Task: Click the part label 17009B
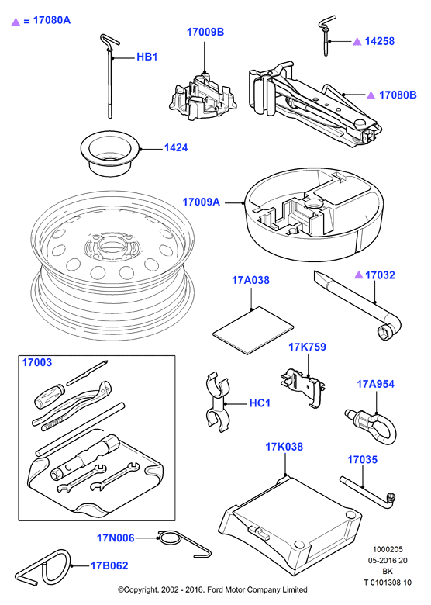tap(205, 32)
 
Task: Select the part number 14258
tap(379, 41)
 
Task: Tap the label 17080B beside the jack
tap(398, 95)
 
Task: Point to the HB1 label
tap(147, 57)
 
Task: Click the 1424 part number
tap(176, 148)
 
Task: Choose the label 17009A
tap(201, 202)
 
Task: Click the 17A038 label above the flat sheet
tap(250, 280)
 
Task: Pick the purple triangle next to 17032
tap(359, 275)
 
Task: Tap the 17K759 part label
tap(307, 347)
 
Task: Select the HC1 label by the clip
tap(260, 403)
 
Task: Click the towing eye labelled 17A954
tap(370, 427)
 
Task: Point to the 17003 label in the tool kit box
tap(37, 363)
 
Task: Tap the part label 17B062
tap(109, 565)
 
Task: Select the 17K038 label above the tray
tap(284, 447)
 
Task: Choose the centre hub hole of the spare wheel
tap(111, 245)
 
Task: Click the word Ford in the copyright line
tap(215, 590)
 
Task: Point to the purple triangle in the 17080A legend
tap(16, 21)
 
